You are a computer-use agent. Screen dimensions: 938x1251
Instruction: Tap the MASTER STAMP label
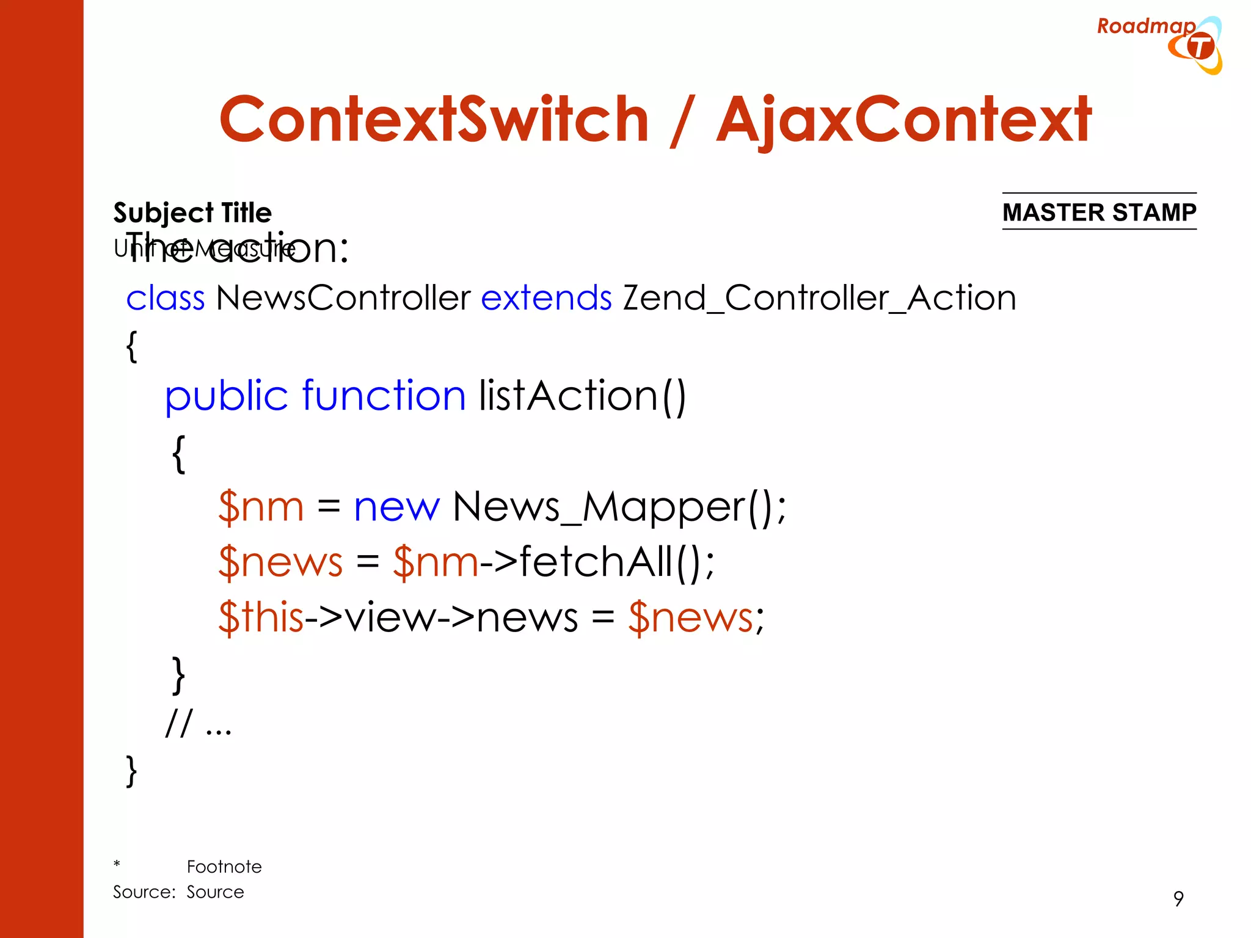pyautogui.click(x=1099, y=212)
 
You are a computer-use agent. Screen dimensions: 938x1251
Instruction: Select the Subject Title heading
pyautogui.click(x=192, y=213)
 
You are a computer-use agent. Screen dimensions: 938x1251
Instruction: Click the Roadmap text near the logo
pyautogui.click(x=1145, y=26)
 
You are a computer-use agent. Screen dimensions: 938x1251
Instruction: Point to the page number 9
pyautogui.click(x=1178, y=898)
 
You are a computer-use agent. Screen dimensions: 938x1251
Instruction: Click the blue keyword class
pyautogui.click(x=165, y=298)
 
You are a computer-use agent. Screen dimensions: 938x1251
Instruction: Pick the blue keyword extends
pyautogui.click(x=546, y=298)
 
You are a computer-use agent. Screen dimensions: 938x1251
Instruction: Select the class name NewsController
pyautogui.click(x=343, y=298)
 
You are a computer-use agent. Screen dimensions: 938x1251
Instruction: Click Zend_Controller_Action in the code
pyautogui.click(x=819, y=298)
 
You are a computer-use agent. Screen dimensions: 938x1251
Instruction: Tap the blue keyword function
pyautogui.click(x=384, y=396)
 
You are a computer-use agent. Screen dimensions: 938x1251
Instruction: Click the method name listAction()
pyautogui.click(x=582, y=396)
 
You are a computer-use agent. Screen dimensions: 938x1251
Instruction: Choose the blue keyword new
pyautogui.click(x=396, y=506)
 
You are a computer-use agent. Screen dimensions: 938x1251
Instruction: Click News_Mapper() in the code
pyautogui.click(x=619, y=506)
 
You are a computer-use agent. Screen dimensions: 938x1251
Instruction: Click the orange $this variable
pyautogui.click(x=261, y=617)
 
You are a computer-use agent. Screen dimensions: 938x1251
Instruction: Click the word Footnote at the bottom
pyautogui.click(x=224, y=867)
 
